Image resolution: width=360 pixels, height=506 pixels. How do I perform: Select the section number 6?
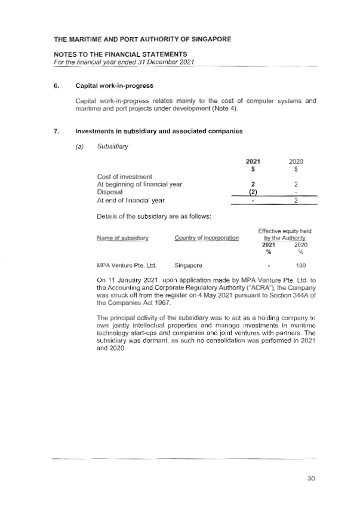[x=56, y=85]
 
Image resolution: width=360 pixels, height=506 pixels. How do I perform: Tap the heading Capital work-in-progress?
[x=109, y=85]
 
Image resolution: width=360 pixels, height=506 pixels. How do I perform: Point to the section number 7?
[x=56, y=132]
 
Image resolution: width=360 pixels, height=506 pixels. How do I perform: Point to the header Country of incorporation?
[x=207, y=239]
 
